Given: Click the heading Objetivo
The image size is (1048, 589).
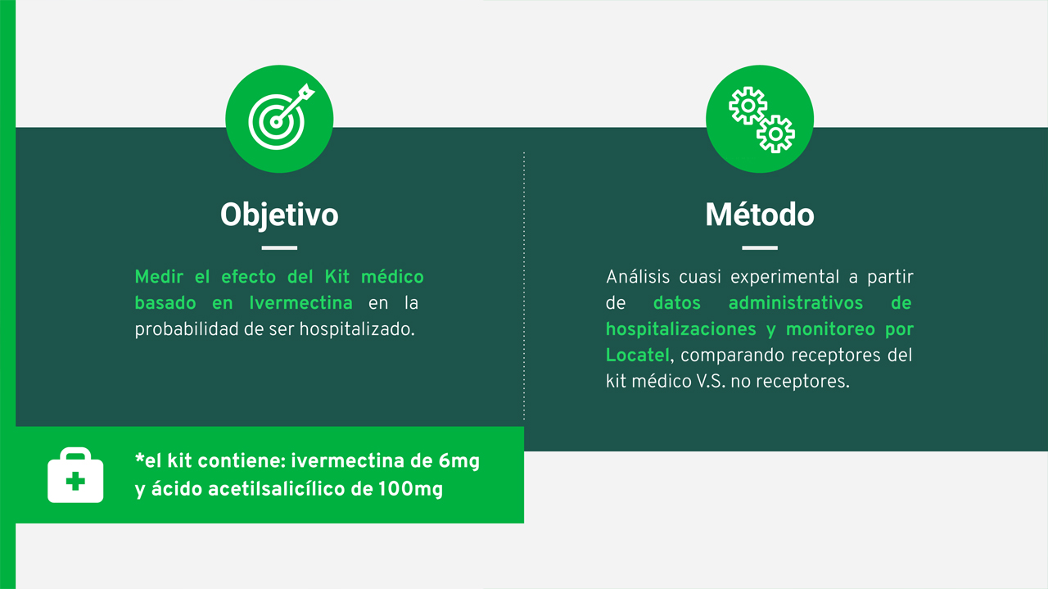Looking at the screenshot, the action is (279, 215).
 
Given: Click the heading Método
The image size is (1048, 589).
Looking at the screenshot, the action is (760, 215).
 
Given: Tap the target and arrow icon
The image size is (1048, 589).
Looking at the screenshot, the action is (281, 117).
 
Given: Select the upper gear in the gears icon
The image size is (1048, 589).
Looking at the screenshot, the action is (748, 106).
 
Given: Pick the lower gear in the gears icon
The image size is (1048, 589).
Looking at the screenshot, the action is (775, 134).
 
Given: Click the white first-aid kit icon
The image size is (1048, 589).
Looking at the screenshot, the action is (75, 475).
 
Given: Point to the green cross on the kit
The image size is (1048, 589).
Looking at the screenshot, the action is (75, 482).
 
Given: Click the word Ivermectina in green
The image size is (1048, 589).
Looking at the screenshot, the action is (300, 303).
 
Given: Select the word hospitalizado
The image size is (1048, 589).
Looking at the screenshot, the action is (357, 329).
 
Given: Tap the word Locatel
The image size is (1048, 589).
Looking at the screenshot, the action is (638, 356).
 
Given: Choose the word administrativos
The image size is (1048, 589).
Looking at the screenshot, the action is (795, 303).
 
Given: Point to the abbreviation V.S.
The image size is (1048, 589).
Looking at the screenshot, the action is (711, 382).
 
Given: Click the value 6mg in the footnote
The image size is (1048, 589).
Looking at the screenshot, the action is (459, 462).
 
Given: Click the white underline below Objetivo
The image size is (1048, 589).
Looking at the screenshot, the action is (279, 247).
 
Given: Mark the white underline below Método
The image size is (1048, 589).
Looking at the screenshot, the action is (760, 247).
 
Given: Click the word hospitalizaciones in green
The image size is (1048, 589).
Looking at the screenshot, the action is (680, 329).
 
